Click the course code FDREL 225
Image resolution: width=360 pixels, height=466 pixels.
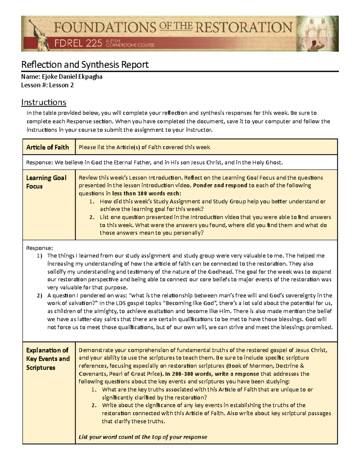(78, 44)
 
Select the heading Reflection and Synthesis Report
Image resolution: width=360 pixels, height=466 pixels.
(85, 65)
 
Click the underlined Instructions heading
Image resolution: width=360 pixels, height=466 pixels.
(43, 102)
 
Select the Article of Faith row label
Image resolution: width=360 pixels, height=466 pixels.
(47, 147)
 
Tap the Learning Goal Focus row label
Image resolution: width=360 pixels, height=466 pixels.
(46, 182)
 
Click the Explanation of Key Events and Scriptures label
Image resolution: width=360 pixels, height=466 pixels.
(48, 359)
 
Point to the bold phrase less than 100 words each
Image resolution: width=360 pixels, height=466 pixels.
(147, 193)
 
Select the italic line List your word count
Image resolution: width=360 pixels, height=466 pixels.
(143, 437)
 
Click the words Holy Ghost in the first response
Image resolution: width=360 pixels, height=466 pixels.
(266, 163)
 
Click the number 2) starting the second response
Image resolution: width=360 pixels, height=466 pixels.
(40, 295)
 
